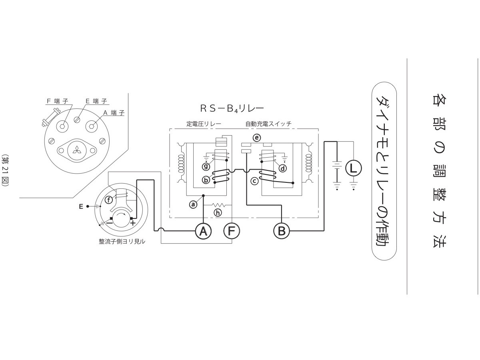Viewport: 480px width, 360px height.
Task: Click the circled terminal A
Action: pyautogui.click(x=203, y=231)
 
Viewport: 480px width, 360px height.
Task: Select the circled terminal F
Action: pyautogui.click(x=232, y=231)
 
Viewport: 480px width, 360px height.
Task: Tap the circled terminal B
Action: pyautogui.click(x=282, y=231)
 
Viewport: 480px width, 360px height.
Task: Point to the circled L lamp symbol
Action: pyautogui.click(x=353, y=168)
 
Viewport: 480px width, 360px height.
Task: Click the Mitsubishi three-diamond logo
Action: pyautogui.click(x=77, y=150)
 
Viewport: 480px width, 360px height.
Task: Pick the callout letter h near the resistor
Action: pyautogui.click(x=218, y=212)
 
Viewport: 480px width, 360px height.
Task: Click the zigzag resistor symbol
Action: pyautogui.click(x=219, y=205)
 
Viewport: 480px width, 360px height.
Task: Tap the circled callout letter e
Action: pyautogui.click(x=257, y=138)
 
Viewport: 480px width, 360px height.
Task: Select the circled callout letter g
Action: pyautogui.click(x=206, y=167)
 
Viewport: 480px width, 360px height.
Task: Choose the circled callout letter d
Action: pyautogui.click(x=283, y=168)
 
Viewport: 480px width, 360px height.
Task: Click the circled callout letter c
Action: pyautogui.click(x=254, y=181)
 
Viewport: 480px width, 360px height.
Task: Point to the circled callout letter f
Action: pyautogui.click(x=109, y=200)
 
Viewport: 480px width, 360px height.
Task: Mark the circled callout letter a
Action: pyautogui.click(x=193, y=204)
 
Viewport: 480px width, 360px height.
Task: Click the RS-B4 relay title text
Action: pyautogui.click(x=232, y=108)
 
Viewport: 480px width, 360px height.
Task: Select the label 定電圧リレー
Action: pyautogui.click(x=204, y=124)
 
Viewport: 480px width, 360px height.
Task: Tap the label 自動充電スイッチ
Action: pyautogui.click(x=268, y=124)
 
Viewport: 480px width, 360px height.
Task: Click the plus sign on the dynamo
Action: pyautogui.click(x=133, y=223)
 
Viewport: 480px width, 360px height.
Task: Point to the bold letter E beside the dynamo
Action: pyautogui.click(x=81, y=206)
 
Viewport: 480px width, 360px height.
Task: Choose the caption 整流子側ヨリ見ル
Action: pyautogui.click(x=122, y=242)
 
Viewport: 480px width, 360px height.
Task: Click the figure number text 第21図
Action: pyautogui.click(x=5, y=170)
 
